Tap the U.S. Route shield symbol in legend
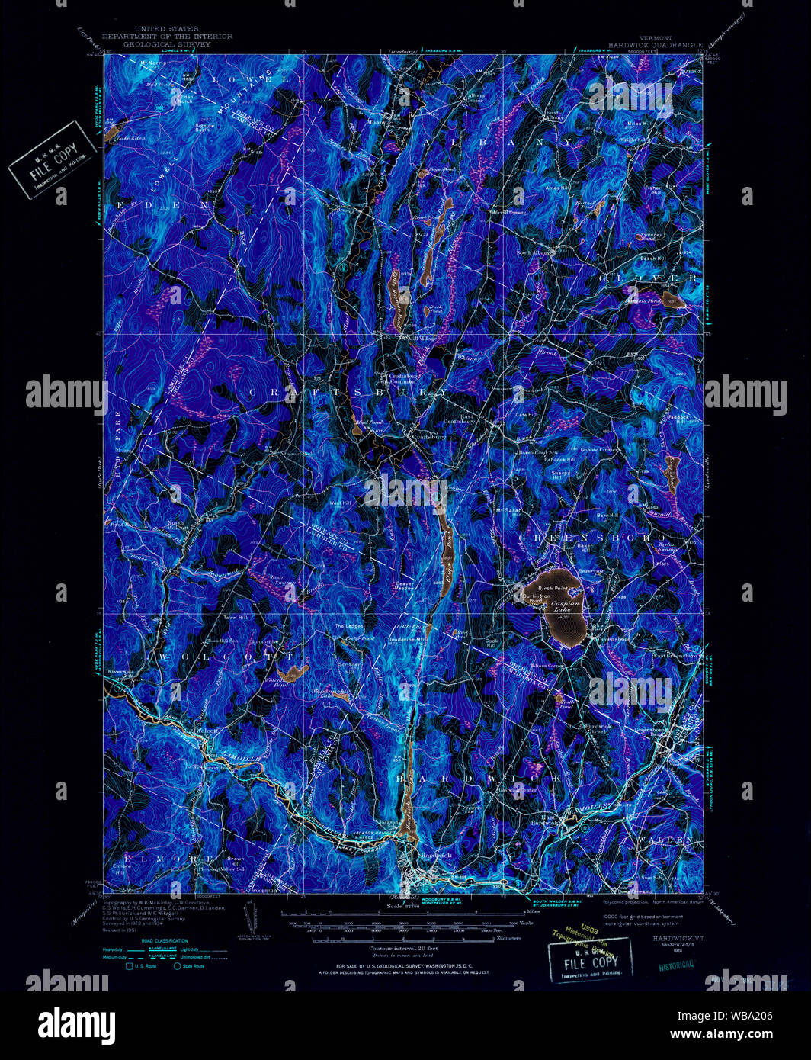coord(130,966)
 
